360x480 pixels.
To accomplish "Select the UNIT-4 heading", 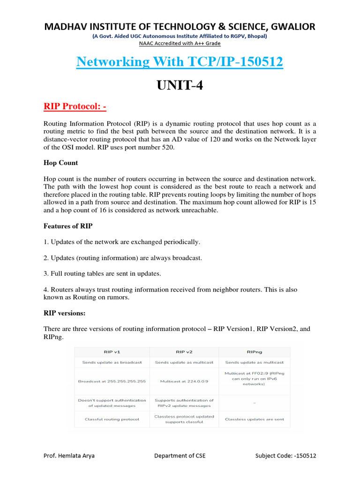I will tap(180, 86).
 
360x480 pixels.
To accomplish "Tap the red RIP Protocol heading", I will tap(75, 106).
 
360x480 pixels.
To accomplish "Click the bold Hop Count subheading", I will tap(61, 163).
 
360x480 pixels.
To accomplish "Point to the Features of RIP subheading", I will tap(68, 226).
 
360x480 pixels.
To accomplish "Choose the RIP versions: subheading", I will tap(65, 312).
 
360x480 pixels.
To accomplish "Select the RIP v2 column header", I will tap(184, 352).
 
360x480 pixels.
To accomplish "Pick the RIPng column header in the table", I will tap(254, 352).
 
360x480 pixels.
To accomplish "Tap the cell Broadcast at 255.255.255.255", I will tap(112, 381).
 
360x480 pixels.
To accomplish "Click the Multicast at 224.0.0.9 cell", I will tap(184, 381).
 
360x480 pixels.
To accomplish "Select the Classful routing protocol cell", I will tap(112, 419).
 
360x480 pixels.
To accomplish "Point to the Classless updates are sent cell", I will tap(254, 419).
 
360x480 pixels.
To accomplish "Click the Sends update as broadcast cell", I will tap(112, 362).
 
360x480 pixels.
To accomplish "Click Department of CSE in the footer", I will tap(180, 455).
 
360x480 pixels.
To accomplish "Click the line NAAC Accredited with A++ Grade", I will tap(180, 44).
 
